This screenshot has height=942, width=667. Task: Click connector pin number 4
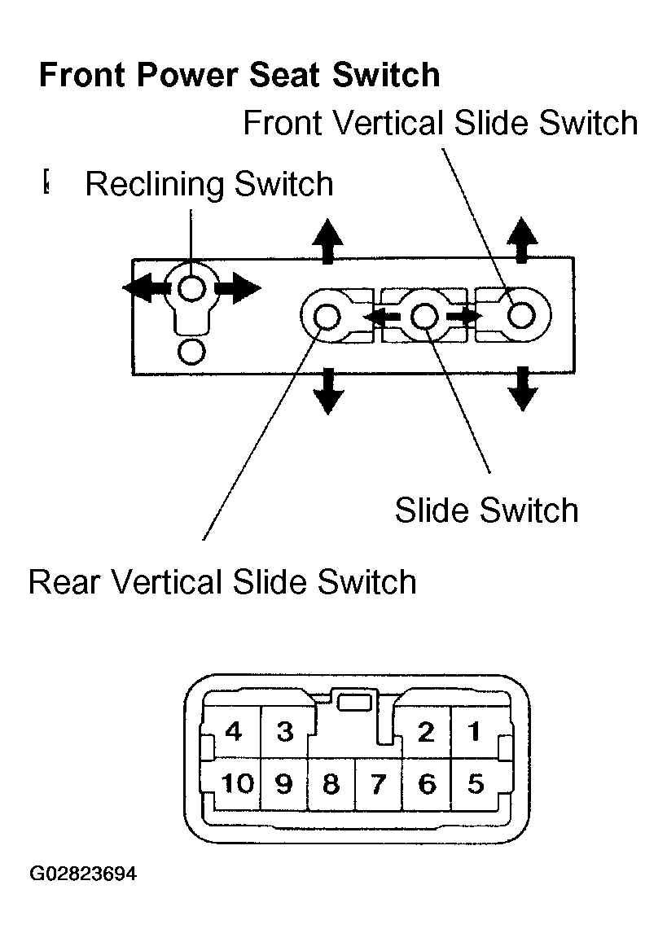pyautogui.click(x=233, y=732)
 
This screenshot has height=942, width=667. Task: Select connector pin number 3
pyautogui.click(x=285, y=732)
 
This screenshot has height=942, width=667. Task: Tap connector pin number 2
pyautogui.click(x=425, y=732)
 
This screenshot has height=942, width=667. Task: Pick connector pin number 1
pyautogui.click(x=474, y=732)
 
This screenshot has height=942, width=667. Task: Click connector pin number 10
pyautogui.click(x=237, y=783)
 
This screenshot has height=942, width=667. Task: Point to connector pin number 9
pyautogui.click(x=283, y=783)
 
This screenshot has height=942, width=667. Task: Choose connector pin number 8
pyautogui.click(x=331, y=784)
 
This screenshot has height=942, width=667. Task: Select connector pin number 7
pyautogui.click(x=378, y=784)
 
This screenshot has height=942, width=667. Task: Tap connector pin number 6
pyautogui.click(x=427, y=784)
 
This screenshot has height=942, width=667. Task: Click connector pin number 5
pyautogui.click(x=476, y=784)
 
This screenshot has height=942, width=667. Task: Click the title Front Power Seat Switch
pyautogui.click(x=239, y=75)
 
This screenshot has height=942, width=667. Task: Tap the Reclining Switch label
pyautogui.click(x=209, y=184)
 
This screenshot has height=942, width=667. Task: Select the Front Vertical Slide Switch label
pyautogui.click(x=440, y=123)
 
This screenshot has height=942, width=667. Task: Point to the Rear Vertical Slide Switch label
pyautogui.click(x=222, y=581)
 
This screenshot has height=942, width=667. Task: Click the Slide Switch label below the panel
pyautogui.click(x=486, y=510)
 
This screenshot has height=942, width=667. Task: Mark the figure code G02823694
pyautogui.click(x=83, y=873)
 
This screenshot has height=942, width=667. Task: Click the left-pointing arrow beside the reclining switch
pyautogui.click(x=144, y=287)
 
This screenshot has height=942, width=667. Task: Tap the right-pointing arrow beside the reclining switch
pyautogui.click(x=237, y=287)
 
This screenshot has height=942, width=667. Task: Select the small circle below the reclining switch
pyautogui.click(x=192, y=352)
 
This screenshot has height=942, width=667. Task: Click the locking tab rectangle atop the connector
pyautogui.click(x=354, y=702)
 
